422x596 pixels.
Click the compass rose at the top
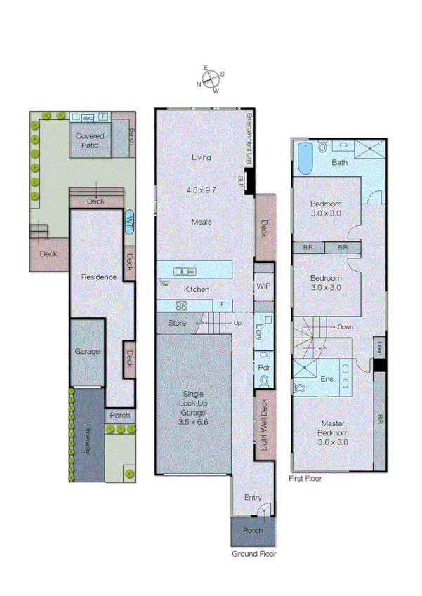point(211,79)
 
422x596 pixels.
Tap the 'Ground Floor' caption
point(254,554)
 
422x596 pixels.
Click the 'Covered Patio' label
point(90,140)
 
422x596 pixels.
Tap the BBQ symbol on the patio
point(88,117)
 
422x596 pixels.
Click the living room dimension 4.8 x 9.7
point(202,190)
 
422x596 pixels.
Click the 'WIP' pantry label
point(263,286)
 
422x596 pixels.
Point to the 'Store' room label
point(177,324)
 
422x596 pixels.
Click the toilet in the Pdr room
point(264,380)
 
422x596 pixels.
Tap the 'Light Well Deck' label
point(264,425)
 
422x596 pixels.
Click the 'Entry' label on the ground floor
point(253,497)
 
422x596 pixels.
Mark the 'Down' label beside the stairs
point(345,327)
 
